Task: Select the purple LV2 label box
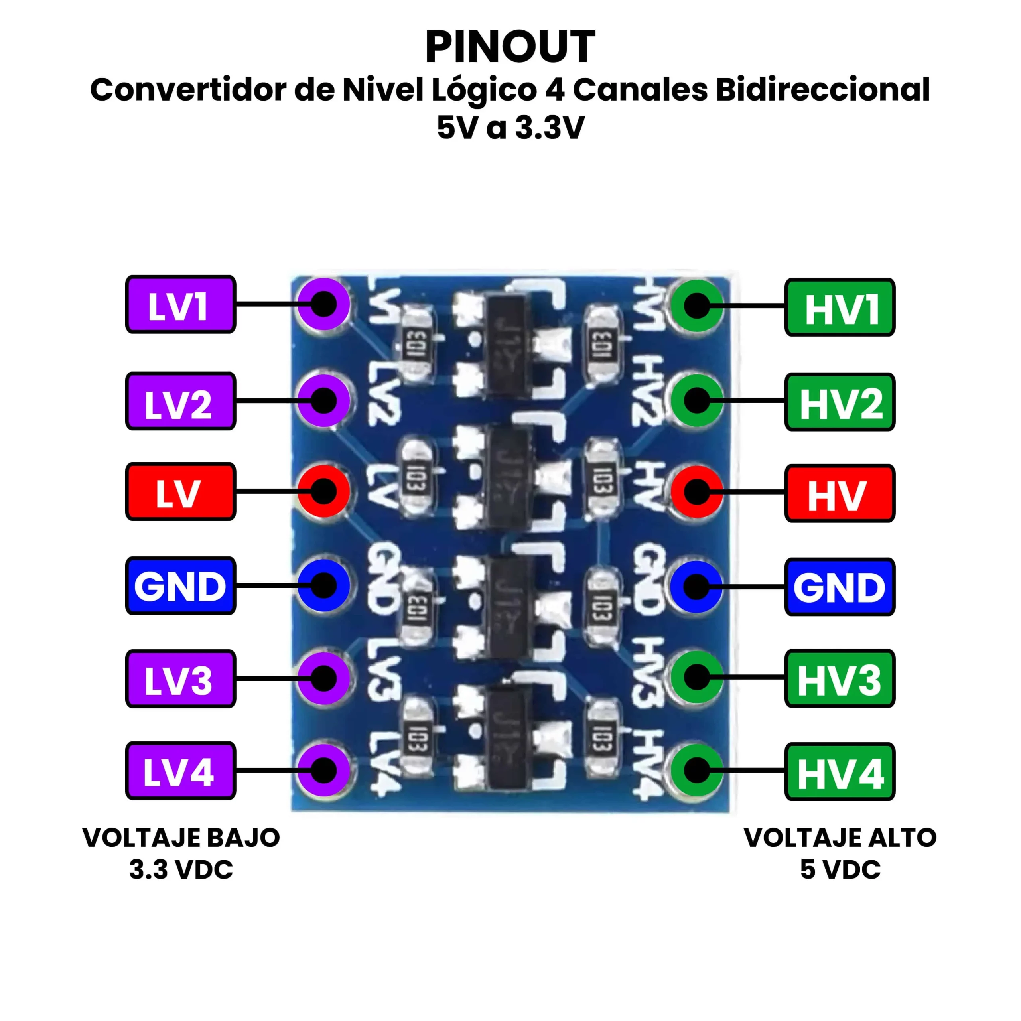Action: point(180,401)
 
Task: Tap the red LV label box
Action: point(180,491)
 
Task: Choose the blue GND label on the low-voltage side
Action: point(180,585)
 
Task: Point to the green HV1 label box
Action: point(840,307)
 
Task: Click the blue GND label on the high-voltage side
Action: point(840,587)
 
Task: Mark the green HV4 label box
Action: point(840,772)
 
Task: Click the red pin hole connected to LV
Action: point(324,491)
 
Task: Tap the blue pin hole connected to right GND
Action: point(696,587)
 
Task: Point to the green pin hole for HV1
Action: point(696,306)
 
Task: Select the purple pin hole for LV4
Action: point(324,770)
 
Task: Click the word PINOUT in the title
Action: point(510,47)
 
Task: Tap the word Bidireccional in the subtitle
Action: point(822,90)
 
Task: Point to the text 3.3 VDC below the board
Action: point(181,870)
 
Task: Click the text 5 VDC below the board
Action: point(840,870)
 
